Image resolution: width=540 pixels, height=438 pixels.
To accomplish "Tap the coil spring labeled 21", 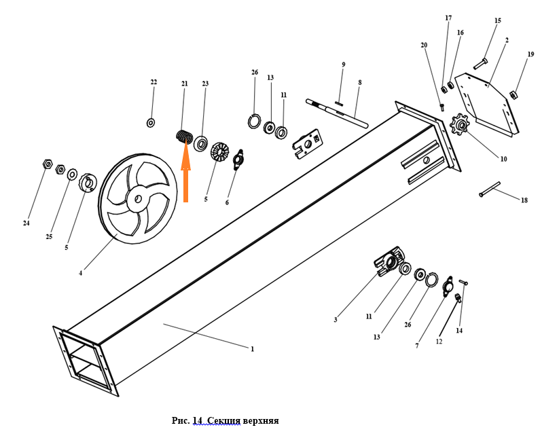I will click(x=184, y=135).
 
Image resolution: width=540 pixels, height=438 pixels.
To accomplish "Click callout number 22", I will click(x=154, y=82).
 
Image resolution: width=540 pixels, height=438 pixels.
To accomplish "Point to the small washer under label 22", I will click(x=151, y=122).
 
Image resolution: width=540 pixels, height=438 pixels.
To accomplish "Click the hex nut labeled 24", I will click(x=46, y=165).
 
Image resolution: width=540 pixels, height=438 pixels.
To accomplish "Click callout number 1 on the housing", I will click(x=252, y=349).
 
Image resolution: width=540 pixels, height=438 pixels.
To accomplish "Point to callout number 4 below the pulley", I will click(x=80, y=274).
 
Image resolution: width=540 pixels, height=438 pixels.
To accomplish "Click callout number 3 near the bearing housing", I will click(x=336, y=319).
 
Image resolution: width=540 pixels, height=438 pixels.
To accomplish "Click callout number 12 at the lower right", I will click(x=439, y=342).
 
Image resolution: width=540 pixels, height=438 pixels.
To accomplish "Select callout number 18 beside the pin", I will click(x=524, y=200).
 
